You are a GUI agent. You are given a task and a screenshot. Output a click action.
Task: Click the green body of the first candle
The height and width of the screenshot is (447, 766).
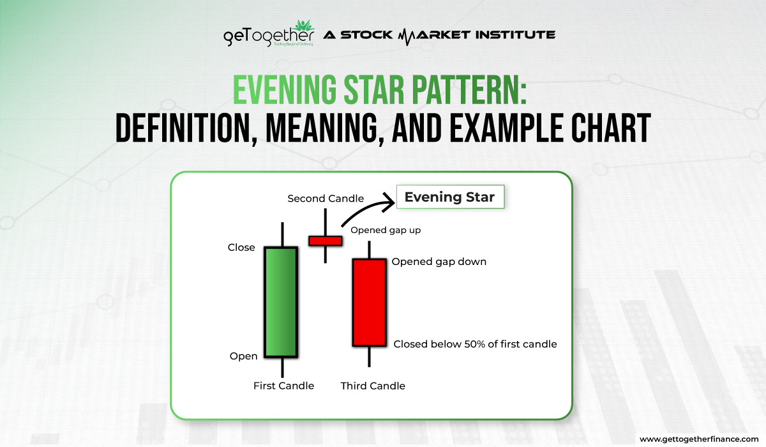[x=281, y=301]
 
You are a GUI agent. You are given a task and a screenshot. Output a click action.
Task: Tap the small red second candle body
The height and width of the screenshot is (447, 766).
[x=326, y=241]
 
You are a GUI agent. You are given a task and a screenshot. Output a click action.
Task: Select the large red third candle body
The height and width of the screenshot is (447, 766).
[x=370, y=302]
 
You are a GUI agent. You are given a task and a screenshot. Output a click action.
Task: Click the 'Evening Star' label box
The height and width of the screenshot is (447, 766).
[x=449, y=197]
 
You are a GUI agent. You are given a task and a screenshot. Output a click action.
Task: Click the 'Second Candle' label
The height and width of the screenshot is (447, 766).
[x=326, y=199]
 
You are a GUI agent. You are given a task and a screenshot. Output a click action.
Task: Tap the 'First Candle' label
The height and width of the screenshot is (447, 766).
[x=283, y=386]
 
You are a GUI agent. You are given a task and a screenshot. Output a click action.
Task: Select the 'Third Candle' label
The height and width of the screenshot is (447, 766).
[x=373, y=386]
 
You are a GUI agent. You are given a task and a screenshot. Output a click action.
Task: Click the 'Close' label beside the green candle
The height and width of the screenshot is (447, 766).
[x=241, y=248]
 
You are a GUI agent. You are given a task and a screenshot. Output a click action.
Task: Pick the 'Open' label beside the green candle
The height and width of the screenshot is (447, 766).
[x=243, y=356]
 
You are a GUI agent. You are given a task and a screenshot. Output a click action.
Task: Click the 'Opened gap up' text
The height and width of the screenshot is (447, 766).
[x=386, y=230]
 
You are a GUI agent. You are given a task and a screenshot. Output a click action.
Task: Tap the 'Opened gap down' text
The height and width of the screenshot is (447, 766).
[x=439, y=262]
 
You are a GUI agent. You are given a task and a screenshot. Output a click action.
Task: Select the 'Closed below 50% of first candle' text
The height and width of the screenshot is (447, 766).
[x=475, y=344]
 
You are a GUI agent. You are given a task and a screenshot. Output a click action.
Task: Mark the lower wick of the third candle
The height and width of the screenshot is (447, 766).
[x=370, y=356]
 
